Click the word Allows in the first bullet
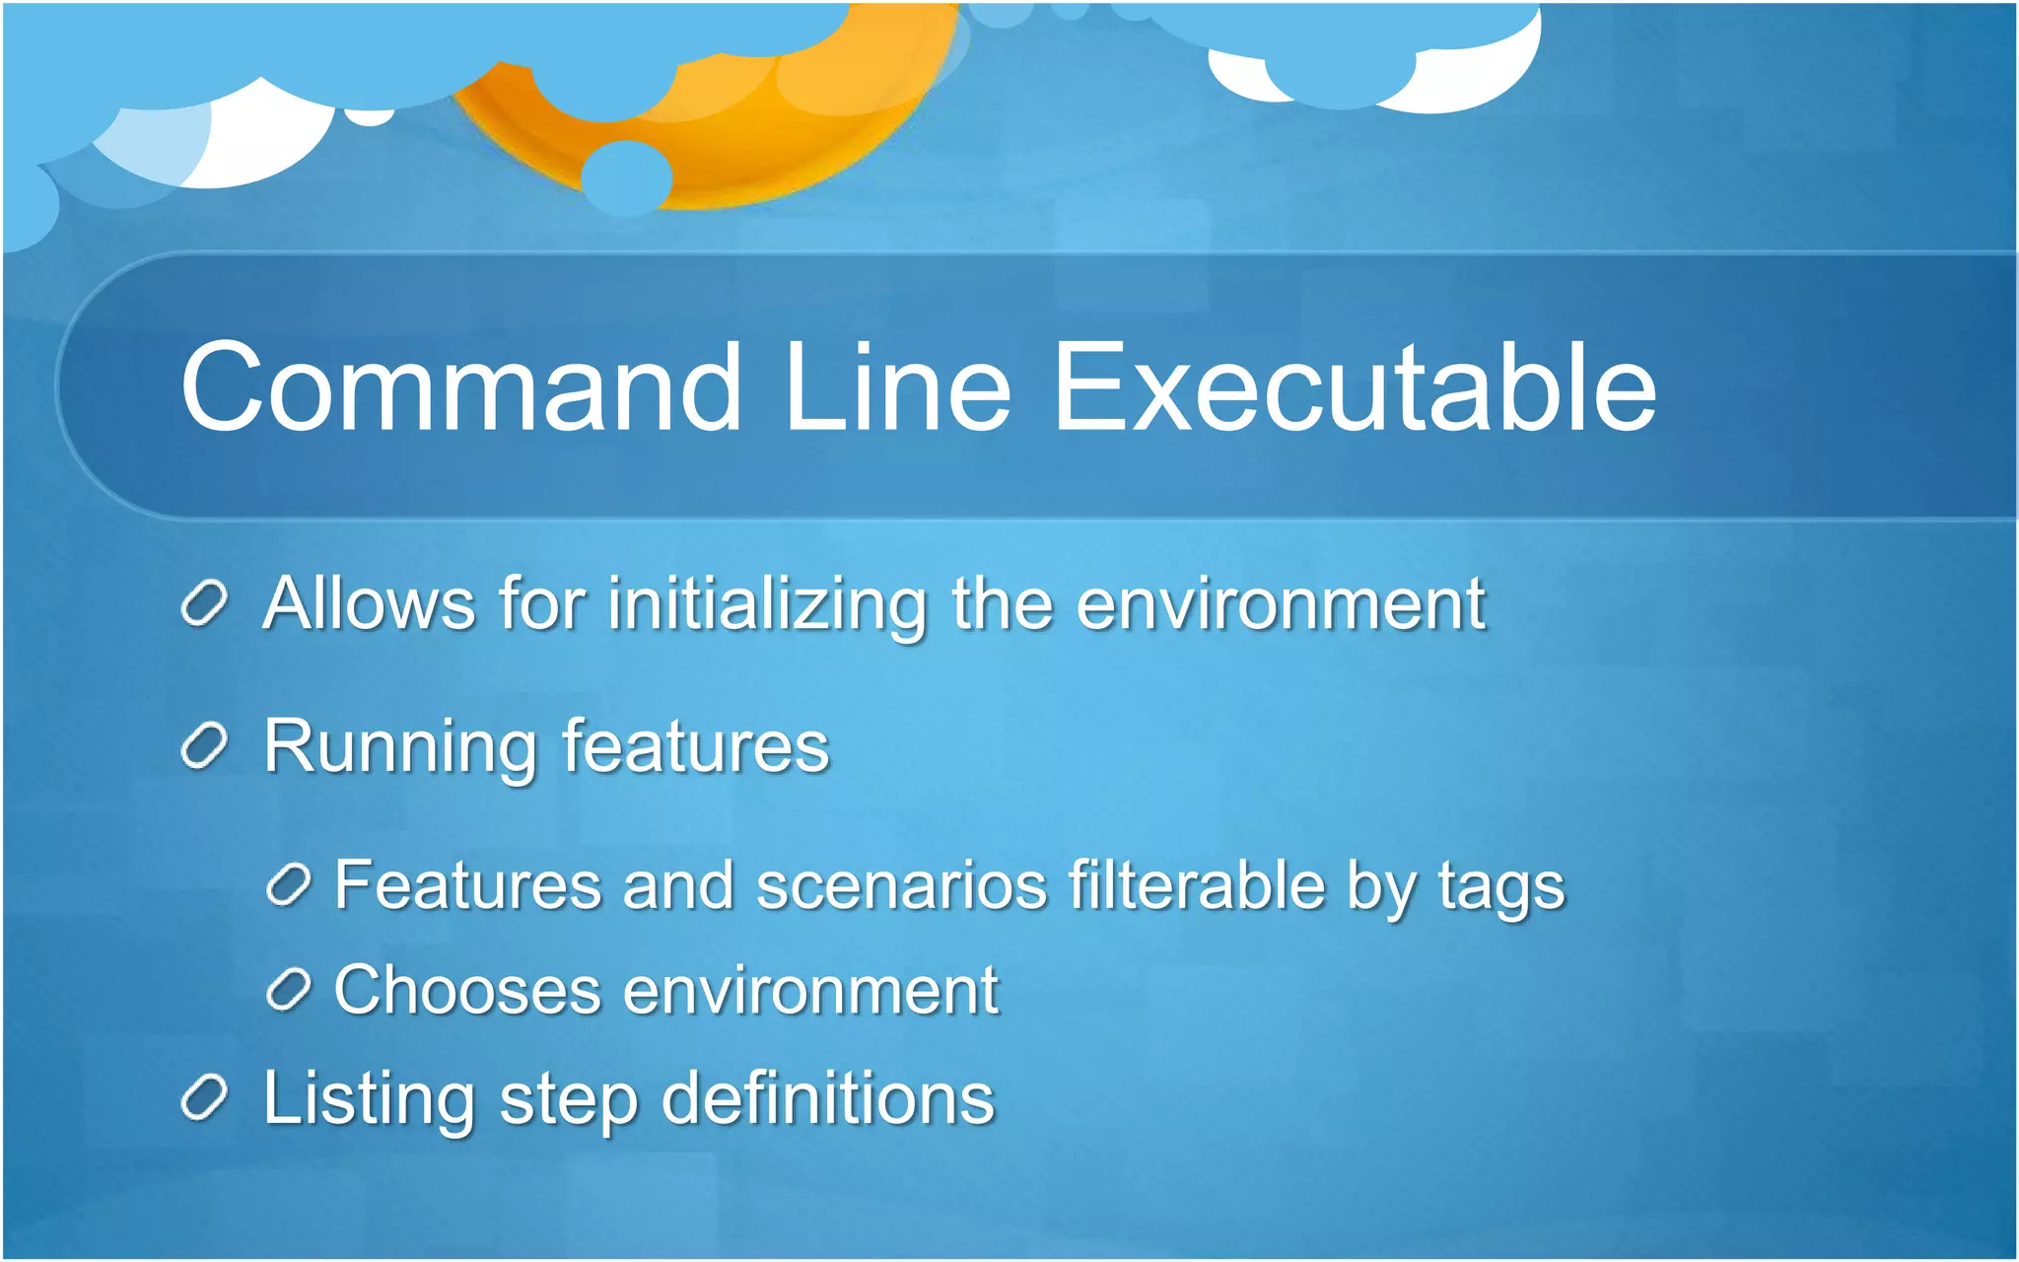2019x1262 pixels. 369,602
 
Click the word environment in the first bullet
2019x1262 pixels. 1280,604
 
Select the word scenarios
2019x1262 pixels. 901,885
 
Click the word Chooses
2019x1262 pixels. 467,990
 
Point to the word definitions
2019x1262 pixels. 827,1098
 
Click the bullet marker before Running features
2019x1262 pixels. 205,746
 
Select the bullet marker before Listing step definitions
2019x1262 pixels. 205,1098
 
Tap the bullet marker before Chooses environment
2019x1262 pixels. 289,989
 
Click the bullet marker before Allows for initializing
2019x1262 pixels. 205,602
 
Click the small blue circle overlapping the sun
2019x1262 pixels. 626,177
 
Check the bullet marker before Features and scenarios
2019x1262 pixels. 289,884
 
